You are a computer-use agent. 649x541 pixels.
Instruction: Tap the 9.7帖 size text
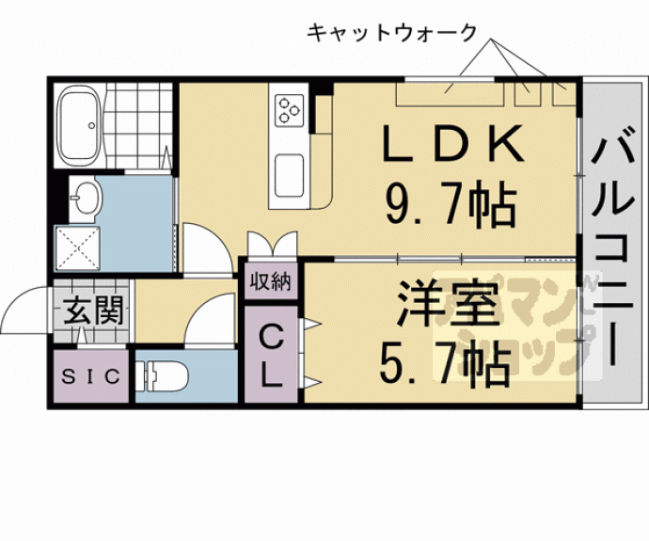(450, 201)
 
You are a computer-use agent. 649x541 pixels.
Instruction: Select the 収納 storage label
(273, 281)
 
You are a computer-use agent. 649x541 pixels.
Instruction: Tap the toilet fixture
(164, 377)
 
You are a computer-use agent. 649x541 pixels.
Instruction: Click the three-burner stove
(288, 109)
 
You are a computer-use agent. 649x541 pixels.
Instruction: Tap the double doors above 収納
(273, 246)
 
